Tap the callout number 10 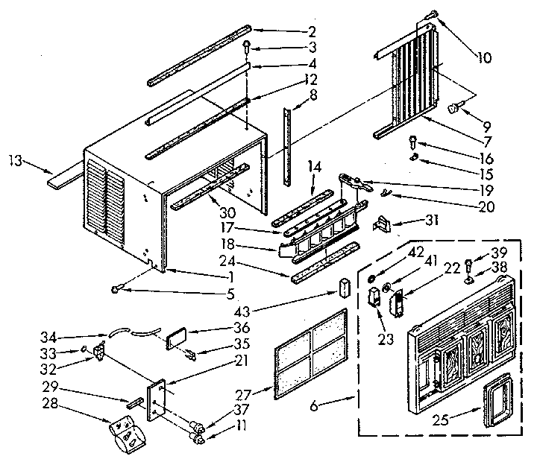coord(486,57)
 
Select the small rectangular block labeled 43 coord(345,287)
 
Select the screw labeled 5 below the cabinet coord(117,290)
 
